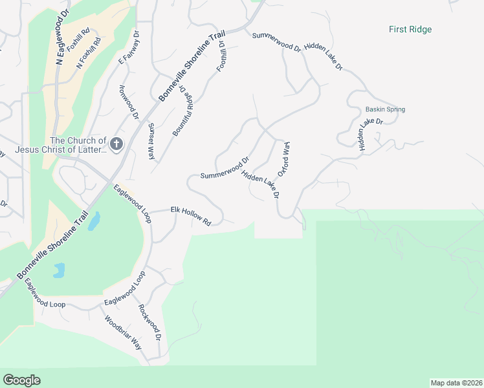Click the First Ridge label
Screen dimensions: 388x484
[410, 29]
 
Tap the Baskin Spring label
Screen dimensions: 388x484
[385, 109]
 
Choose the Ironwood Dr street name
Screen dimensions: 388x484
[129, 102]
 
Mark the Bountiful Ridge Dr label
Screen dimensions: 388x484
[183, 111]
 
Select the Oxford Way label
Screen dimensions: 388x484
[283, 160]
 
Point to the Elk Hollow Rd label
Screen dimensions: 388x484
[191, 215]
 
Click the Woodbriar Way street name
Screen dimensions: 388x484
[122, 333]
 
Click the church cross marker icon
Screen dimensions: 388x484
[116, 144]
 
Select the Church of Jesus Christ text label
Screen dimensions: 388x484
[78, 145]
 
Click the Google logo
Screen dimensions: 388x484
[21, 380]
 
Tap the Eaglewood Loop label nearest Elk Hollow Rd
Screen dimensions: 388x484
[132, 204]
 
